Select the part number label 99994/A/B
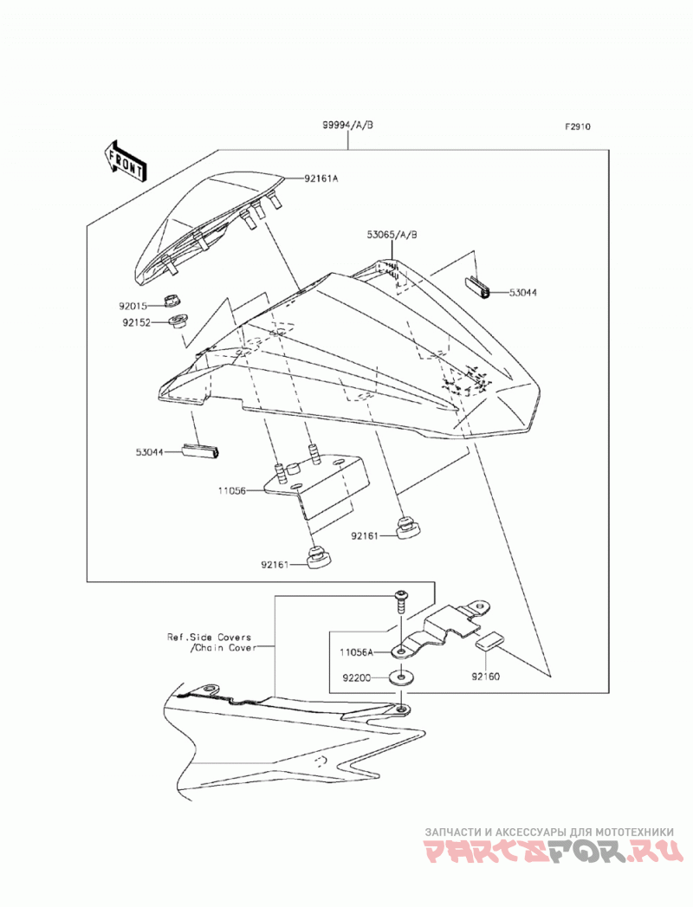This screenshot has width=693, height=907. (x=347, y=125)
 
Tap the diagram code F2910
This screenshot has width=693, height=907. (x=578, y=127)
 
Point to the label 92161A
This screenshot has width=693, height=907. (x=321, y=178)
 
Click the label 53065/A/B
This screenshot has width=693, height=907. (x=392, y=235)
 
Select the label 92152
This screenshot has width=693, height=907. (x=136, y=323)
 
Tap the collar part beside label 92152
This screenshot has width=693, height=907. (x=178, y=320)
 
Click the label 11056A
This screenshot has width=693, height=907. (x=357, y=652)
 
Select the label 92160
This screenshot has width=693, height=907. (x=485, y=677)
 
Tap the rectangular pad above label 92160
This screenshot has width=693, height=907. (x=489, y=641)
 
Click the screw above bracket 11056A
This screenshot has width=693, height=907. (x=399, y=601)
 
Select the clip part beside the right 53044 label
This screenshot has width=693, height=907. (x=477, y=288)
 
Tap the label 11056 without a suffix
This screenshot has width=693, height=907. (x=232, y=490)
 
